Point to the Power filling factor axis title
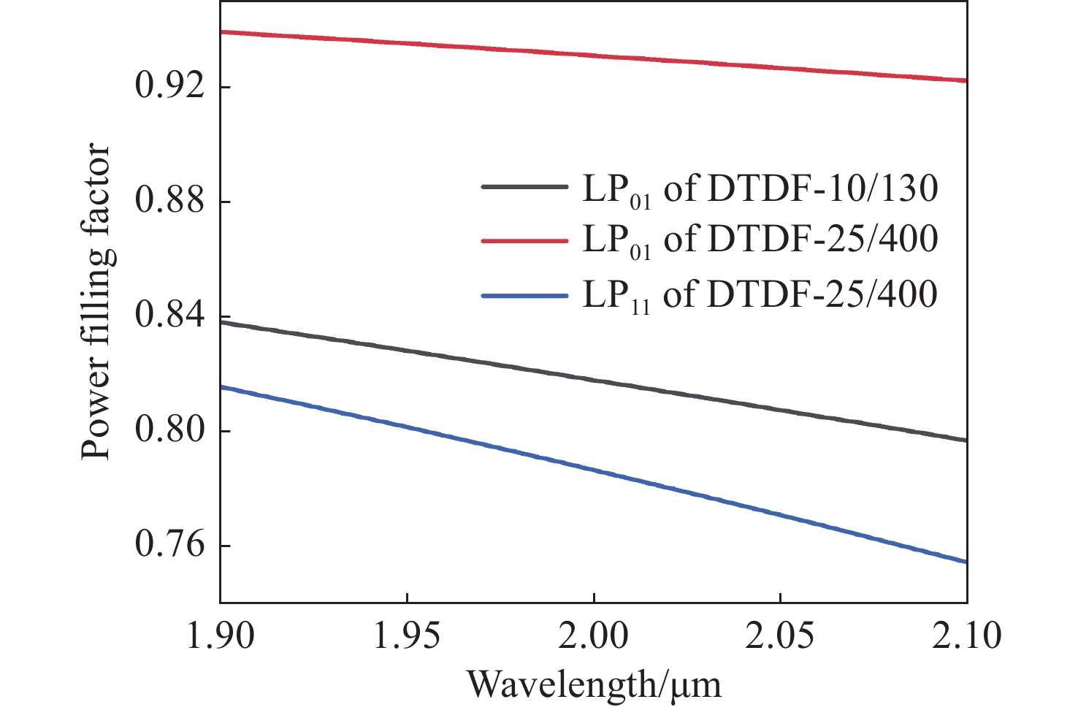click(96, 302)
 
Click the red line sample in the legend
click(524, 240)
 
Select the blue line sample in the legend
click(524, 296)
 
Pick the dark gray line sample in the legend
click(524, 187)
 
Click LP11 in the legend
click(616, 297)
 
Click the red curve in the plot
click(593, 56)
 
